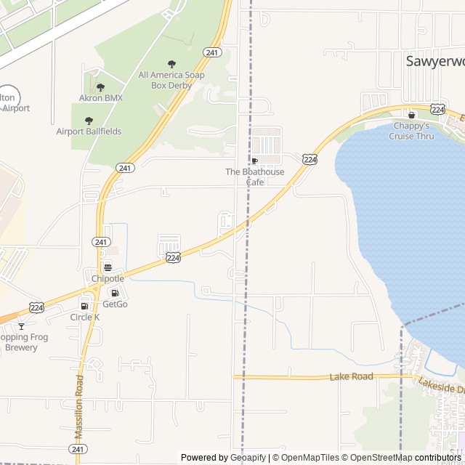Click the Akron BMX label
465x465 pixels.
[101, 98]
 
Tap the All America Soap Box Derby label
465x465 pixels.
[171, 80]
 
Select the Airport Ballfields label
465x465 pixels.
[89, 132]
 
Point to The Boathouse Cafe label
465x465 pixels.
[255, 177]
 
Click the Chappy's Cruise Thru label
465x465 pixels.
[411, 131]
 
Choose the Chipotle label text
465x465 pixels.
[108, 278]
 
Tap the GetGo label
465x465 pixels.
[115, 304]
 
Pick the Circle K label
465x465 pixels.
[85, 317]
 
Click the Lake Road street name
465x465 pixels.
[351, 376]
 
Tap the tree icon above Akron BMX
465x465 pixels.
[100, 87]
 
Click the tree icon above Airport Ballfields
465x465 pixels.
[89, 121]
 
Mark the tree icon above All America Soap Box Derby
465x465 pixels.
[171, 64]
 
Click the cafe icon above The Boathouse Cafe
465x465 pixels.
[254, 161]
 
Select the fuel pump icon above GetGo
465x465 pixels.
[115, 293]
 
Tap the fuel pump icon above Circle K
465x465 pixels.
[85, 306]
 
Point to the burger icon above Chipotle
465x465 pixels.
[108, 267]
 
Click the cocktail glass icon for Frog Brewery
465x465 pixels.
[21, 325]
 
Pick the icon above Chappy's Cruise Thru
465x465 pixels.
[411, 115]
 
